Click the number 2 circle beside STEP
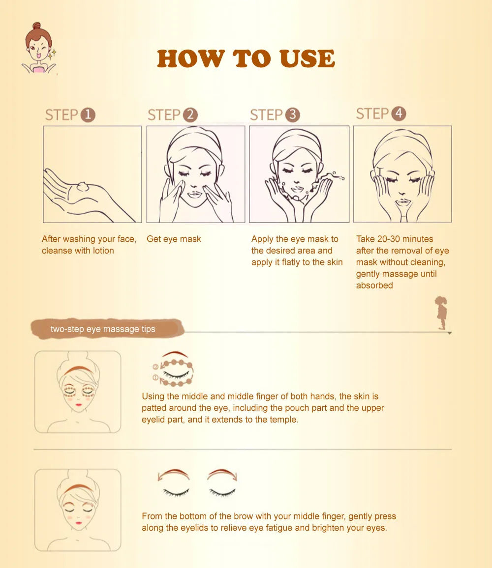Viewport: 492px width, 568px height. [x=190, y=115]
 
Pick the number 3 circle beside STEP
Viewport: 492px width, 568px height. [x=292, y=115]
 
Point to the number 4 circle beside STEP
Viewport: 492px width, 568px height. [x=399, y=114]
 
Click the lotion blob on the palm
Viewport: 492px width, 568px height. [x=83, y=187]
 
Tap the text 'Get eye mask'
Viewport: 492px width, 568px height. [x=174, y=239]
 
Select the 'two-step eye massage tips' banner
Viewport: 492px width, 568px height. [x=103, y=329]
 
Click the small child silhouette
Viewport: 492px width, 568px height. [x=441, y=312]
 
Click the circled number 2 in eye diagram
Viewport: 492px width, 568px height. [x=155, y=367]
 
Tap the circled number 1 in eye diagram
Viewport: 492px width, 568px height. [x=155, y=378]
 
